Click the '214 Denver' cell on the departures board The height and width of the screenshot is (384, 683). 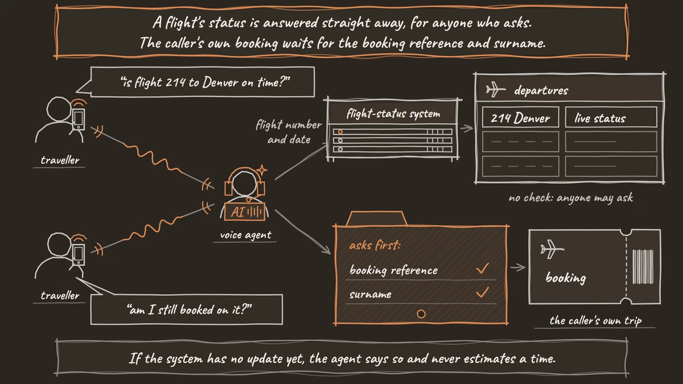[520, 117]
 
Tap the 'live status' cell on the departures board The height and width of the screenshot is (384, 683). [611, 117]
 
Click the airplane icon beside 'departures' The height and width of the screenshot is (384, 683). [495, 90]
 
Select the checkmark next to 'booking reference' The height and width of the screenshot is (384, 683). [483, 268]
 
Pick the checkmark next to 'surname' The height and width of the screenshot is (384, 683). [483, 292]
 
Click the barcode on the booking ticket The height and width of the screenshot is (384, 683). [643, 267]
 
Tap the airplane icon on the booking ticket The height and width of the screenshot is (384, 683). [552, 249]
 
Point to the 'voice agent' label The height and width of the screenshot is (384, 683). [245, 234]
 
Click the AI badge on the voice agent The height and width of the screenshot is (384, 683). [245, 211]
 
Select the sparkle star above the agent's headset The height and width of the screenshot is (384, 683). [262, 170]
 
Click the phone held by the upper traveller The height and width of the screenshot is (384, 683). [79, 119]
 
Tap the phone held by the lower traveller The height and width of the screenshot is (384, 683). [79, 254]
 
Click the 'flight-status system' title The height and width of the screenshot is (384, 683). [393, 114]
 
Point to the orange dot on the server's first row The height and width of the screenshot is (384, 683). [340, 131]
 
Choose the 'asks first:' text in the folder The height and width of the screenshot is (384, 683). [375, 245]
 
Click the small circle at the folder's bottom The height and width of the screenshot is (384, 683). [421, 313]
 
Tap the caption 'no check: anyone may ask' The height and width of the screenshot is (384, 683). [570, 198]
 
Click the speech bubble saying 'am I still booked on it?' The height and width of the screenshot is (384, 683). [187, 309]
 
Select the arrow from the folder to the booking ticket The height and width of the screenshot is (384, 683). [518, 267]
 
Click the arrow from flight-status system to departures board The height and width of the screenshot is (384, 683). [467, 129]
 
